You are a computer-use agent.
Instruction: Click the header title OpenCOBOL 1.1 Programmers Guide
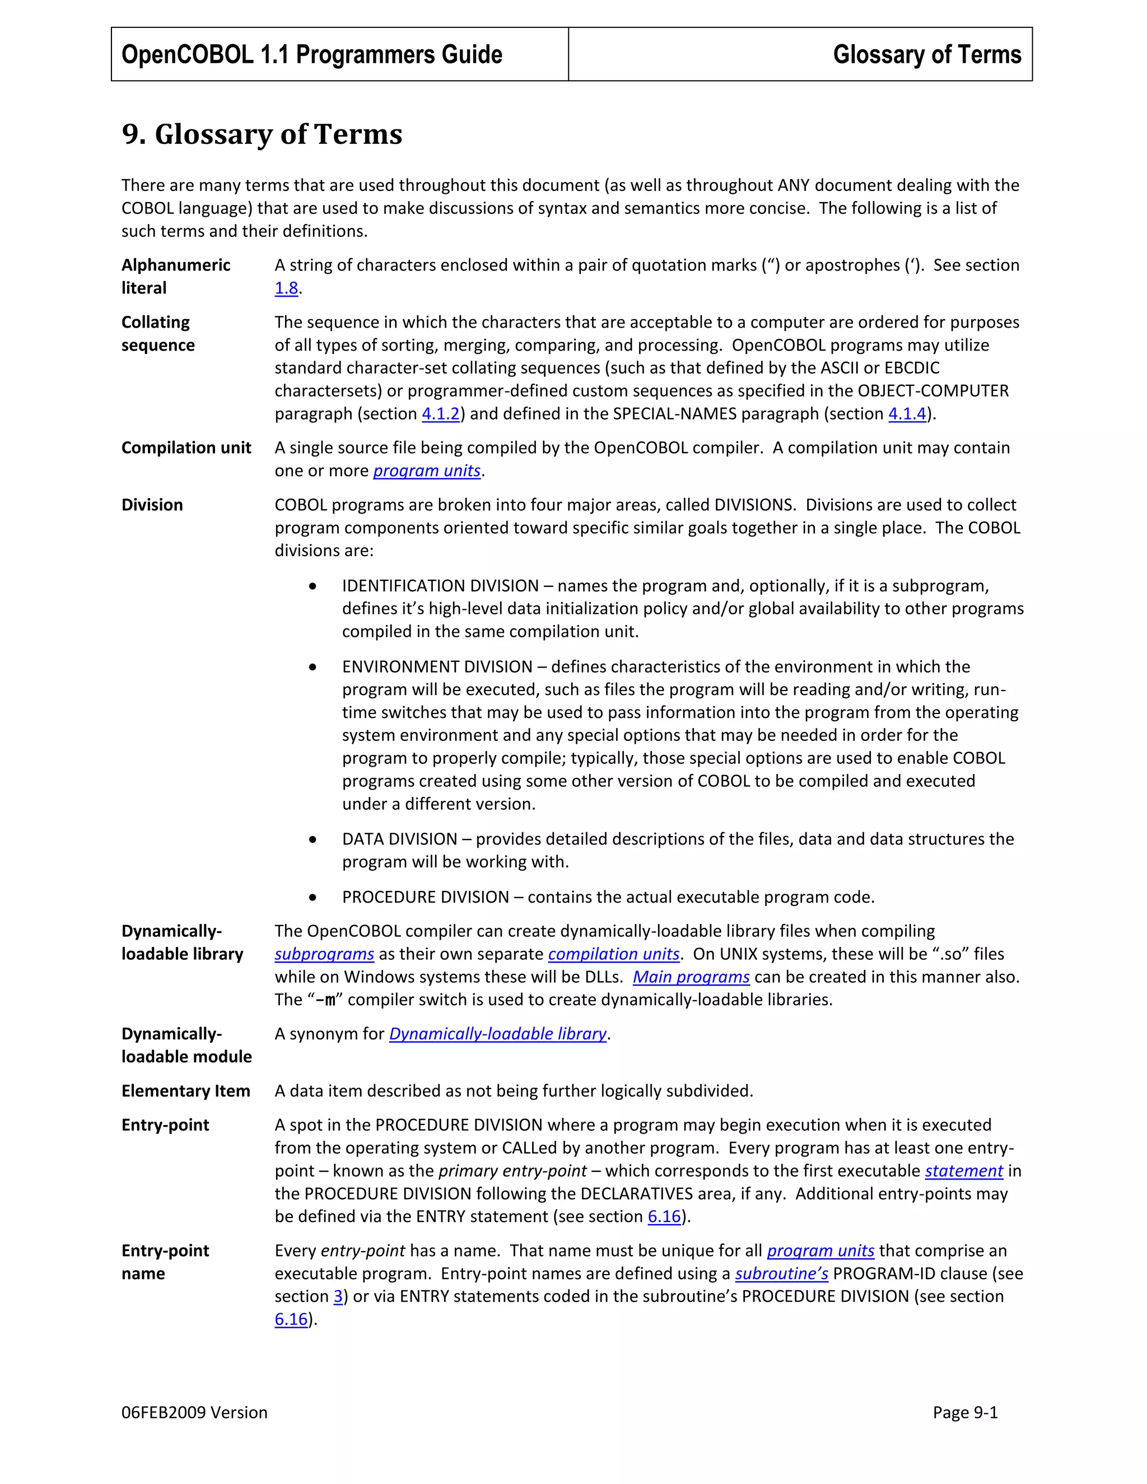(311, 54)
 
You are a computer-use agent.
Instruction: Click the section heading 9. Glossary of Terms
(262, 134)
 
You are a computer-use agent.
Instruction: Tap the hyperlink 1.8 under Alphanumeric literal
(286, 288)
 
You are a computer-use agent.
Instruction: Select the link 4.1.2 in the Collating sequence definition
(440, 414)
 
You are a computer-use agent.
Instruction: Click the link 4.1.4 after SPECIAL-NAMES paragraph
(907, 414)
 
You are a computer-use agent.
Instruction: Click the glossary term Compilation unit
(186, 448)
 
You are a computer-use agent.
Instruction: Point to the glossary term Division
(152, 505)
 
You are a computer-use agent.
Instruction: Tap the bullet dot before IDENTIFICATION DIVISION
(313, 586)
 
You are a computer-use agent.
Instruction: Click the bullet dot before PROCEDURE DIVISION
(313, 897)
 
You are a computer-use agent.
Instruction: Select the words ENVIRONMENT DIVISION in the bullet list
(437, 666)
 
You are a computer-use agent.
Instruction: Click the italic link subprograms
(324, 954)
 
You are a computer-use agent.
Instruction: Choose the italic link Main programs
(691, 977)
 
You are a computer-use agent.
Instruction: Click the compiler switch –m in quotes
(325, 1000)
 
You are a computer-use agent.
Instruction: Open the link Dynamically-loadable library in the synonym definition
(497, 1034)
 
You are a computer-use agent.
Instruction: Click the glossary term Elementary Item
(185, 1091)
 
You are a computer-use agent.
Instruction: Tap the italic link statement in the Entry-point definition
(963, 1171)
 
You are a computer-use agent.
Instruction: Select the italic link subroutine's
(781, 1273)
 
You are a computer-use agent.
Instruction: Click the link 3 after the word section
(338, 1296)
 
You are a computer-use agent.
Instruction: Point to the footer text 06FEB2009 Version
(194, 1413)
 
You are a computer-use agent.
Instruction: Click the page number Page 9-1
(965, 1413)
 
